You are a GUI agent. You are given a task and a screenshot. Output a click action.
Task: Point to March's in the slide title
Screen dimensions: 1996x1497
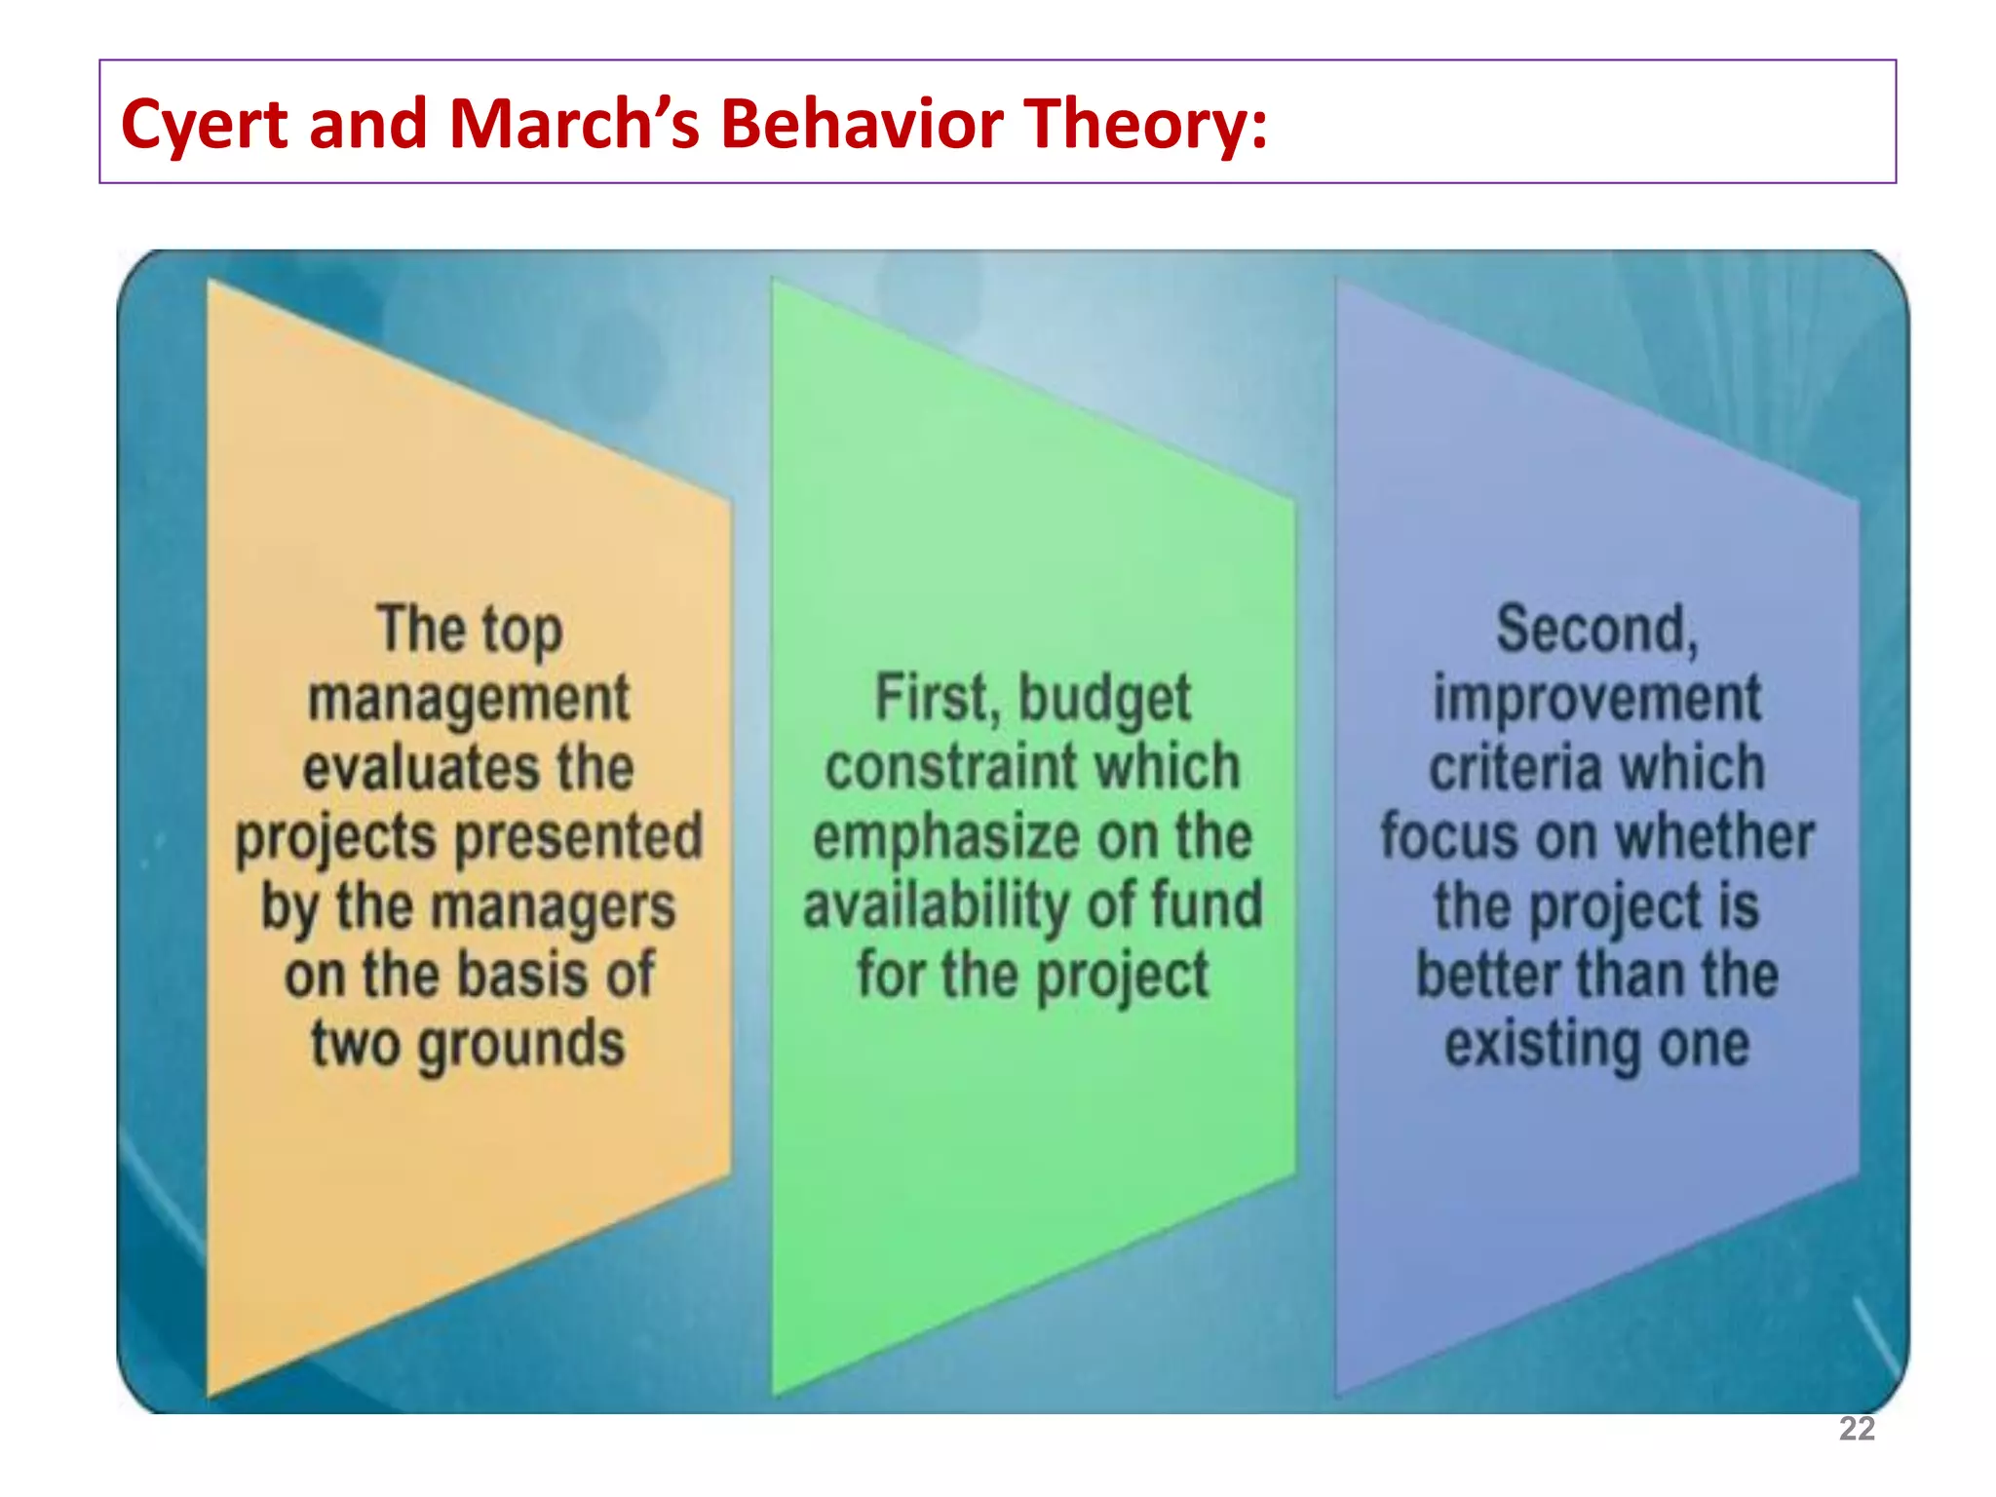574,124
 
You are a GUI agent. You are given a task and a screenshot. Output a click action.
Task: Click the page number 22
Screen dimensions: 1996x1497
1857,1429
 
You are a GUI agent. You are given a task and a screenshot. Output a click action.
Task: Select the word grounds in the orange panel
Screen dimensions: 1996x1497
521,1047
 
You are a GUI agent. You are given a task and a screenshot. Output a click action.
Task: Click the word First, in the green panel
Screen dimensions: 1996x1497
937,699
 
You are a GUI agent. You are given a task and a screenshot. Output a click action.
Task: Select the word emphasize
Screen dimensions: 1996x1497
946,838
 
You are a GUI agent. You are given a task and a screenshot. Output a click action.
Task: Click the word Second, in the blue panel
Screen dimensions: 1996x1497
1597,630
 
